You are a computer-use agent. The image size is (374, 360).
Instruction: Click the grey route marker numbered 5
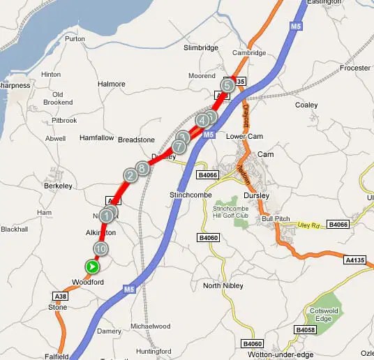point(227,85)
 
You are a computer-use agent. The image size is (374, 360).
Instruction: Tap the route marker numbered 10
point(100,248)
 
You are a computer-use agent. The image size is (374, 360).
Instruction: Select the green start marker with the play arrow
point(92,267)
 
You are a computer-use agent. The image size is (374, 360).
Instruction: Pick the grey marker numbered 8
point(142,167)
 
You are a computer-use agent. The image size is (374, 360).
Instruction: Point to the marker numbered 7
point(179,147)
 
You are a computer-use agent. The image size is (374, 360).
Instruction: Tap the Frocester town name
point(355,68)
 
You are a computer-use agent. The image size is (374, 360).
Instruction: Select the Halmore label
point(112,84)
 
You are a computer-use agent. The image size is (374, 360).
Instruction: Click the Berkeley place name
point(59,187)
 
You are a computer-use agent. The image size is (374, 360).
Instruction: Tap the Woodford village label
point(88,282)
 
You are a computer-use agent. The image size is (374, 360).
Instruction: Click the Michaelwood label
point(150,326)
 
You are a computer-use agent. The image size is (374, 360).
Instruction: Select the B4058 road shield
point(306,329)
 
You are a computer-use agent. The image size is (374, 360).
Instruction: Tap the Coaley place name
point(306,105)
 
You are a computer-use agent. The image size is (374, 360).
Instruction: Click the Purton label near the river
point(74,38)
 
